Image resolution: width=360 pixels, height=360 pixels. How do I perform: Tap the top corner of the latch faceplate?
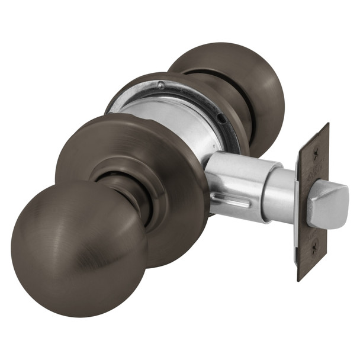pyautogui.click(x=326, y=126)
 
